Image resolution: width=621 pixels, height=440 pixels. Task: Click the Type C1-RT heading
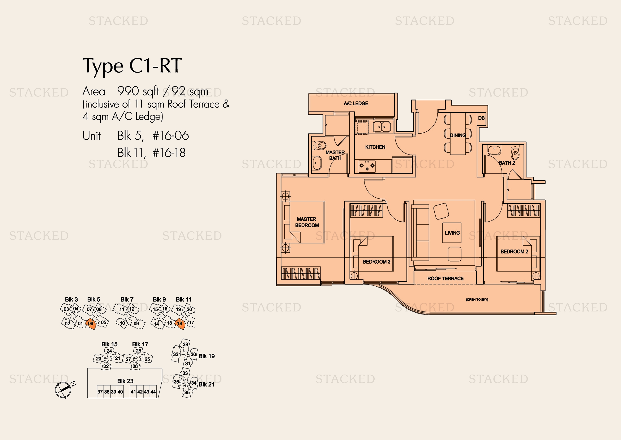click(x=132, y=66)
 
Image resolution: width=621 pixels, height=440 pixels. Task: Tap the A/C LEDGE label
click(x=356, y=103)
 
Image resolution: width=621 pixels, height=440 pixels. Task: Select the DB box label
click(x=481, y=118)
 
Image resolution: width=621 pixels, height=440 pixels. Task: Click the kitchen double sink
click(x=382, y=127)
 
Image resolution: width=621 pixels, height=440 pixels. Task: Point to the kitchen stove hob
click(x=367, y=166)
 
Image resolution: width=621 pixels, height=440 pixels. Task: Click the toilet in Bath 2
click(x=515, y=152)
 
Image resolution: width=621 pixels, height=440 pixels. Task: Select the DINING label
click(x=458, y=135)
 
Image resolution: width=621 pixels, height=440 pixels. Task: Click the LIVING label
click(x=452, y=233)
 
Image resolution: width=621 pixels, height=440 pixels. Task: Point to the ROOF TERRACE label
click(x=446, y=279)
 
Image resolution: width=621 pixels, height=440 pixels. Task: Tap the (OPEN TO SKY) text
click(x=477, y=300)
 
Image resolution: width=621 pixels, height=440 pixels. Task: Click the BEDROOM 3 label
click(x=376, y=262)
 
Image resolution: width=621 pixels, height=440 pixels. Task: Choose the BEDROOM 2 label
click(x=514, y=251)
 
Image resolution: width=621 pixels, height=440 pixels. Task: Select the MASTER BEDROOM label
click(x=307, y=222)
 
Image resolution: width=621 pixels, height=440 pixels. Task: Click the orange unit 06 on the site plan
click(x=91, y=324)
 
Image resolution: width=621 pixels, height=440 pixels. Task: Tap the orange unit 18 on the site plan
click(x=180, y=324)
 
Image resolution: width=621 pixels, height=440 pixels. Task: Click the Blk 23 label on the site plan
click(x=125, y=381)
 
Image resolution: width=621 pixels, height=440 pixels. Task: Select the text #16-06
click(x=171, y=136)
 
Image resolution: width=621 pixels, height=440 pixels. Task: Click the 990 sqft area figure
click(x=138, y=92)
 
